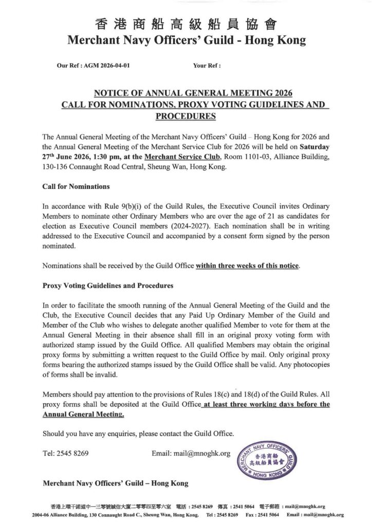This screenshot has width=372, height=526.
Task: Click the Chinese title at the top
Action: pyautogui.click(x=185, y=24)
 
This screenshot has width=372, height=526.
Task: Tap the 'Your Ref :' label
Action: pyautogui.click(x=207, y=66)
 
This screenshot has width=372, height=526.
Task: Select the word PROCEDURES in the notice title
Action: pyautogui.click(x=185, y=116)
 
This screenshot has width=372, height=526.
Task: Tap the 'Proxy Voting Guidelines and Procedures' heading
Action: pyautogui.click(x=108, y=285)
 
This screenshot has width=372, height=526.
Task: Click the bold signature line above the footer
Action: pyautogui.click(x=116, y=483)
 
